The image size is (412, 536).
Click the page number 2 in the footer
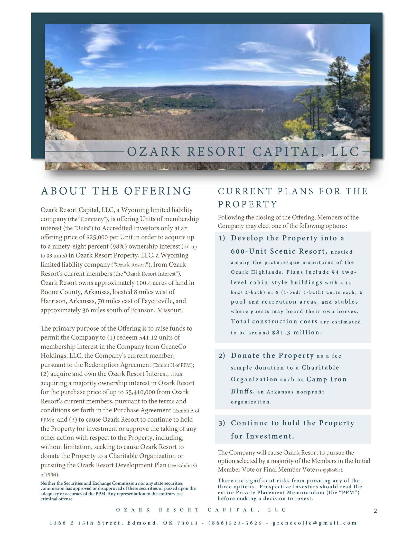tap(375, 511)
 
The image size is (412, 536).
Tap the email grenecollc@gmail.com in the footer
tap(315, 523)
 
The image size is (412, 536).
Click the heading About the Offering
tap(116, 191)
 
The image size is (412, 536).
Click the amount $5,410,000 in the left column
tap(140, 392)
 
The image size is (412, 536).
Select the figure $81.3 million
tap(297, 333)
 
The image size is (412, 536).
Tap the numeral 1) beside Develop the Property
tap(222, 238)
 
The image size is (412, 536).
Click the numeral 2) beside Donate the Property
tap(222, 356)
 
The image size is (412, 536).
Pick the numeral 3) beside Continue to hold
tap(222, 423)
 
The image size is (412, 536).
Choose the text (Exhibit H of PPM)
tap(173, 365)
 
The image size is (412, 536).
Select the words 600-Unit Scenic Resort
tap(279, 251)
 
